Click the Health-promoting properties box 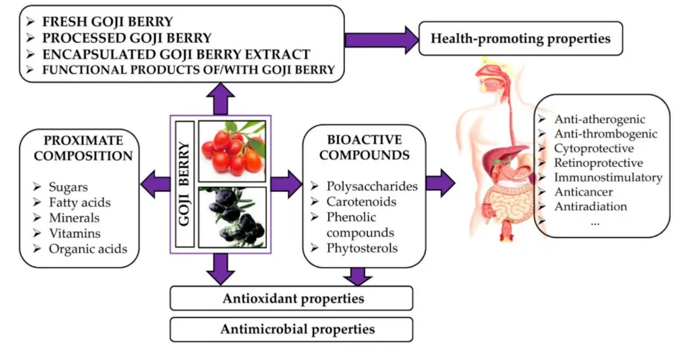pyautogui.click(x=520, y=39)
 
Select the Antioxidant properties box pyautogui.click(x=292, y=298)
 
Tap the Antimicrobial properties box pyautogui.click(x=292, y=329)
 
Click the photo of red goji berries pyautogui.click(x=232, y=150)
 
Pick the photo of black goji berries pyautogui.click(x=232, y=216)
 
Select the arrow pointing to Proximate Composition pyautogui.click(x=154, y=183)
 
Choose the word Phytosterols pyautogui.click(x=365, y=248)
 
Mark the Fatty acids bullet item pyautogui.click(x=80, y=203)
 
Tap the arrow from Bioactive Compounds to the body pyautogui.click(x=439, y=183)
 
